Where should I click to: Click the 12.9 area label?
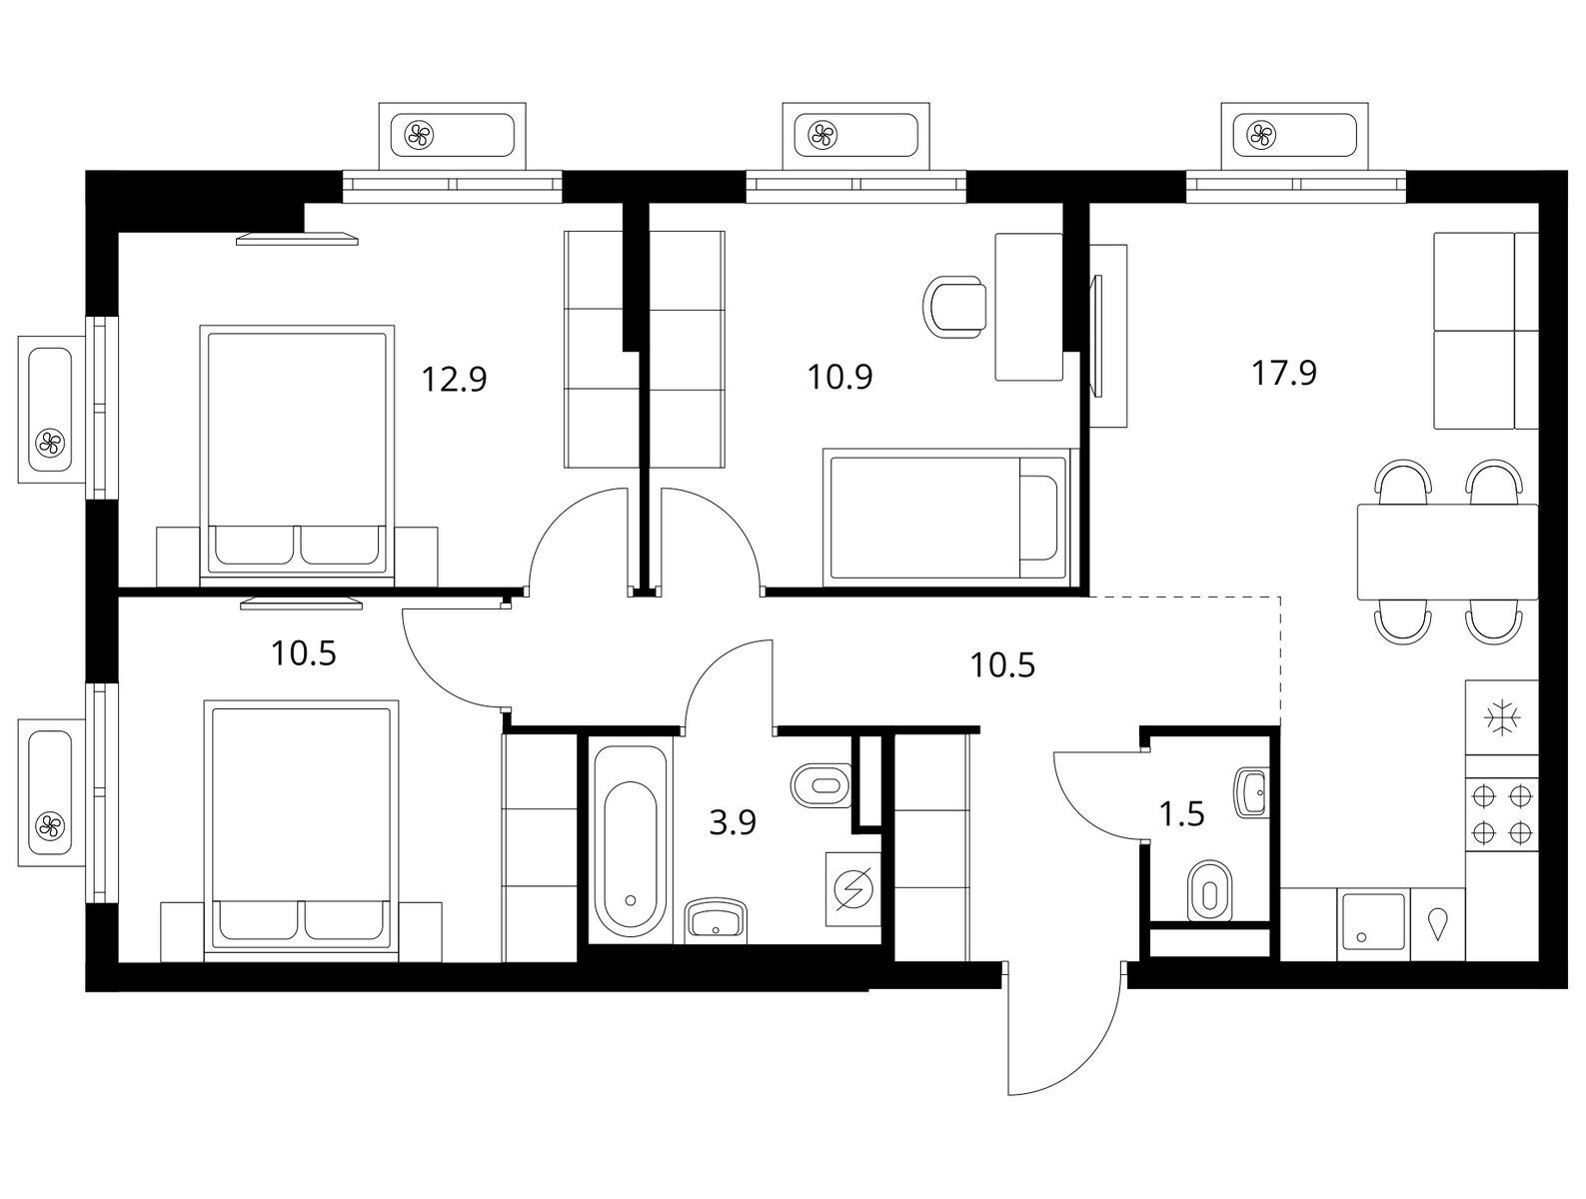454,379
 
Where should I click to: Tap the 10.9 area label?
839,377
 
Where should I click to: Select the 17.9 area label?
1284,373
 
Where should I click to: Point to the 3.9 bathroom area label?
733,822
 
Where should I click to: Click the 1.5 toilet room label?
1182,814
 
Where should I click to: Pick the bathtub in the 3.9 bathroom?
630,841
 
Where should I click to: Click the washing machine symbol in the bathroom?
853,889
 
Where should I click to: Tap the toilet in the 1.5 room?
1209,890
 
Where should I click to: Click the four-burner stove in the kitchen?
1501,814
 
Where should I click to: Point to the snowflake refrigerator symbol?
1502,718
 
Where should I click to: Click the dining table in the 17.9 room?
1447,552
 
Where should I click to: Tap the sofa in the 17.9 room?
1486,331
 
